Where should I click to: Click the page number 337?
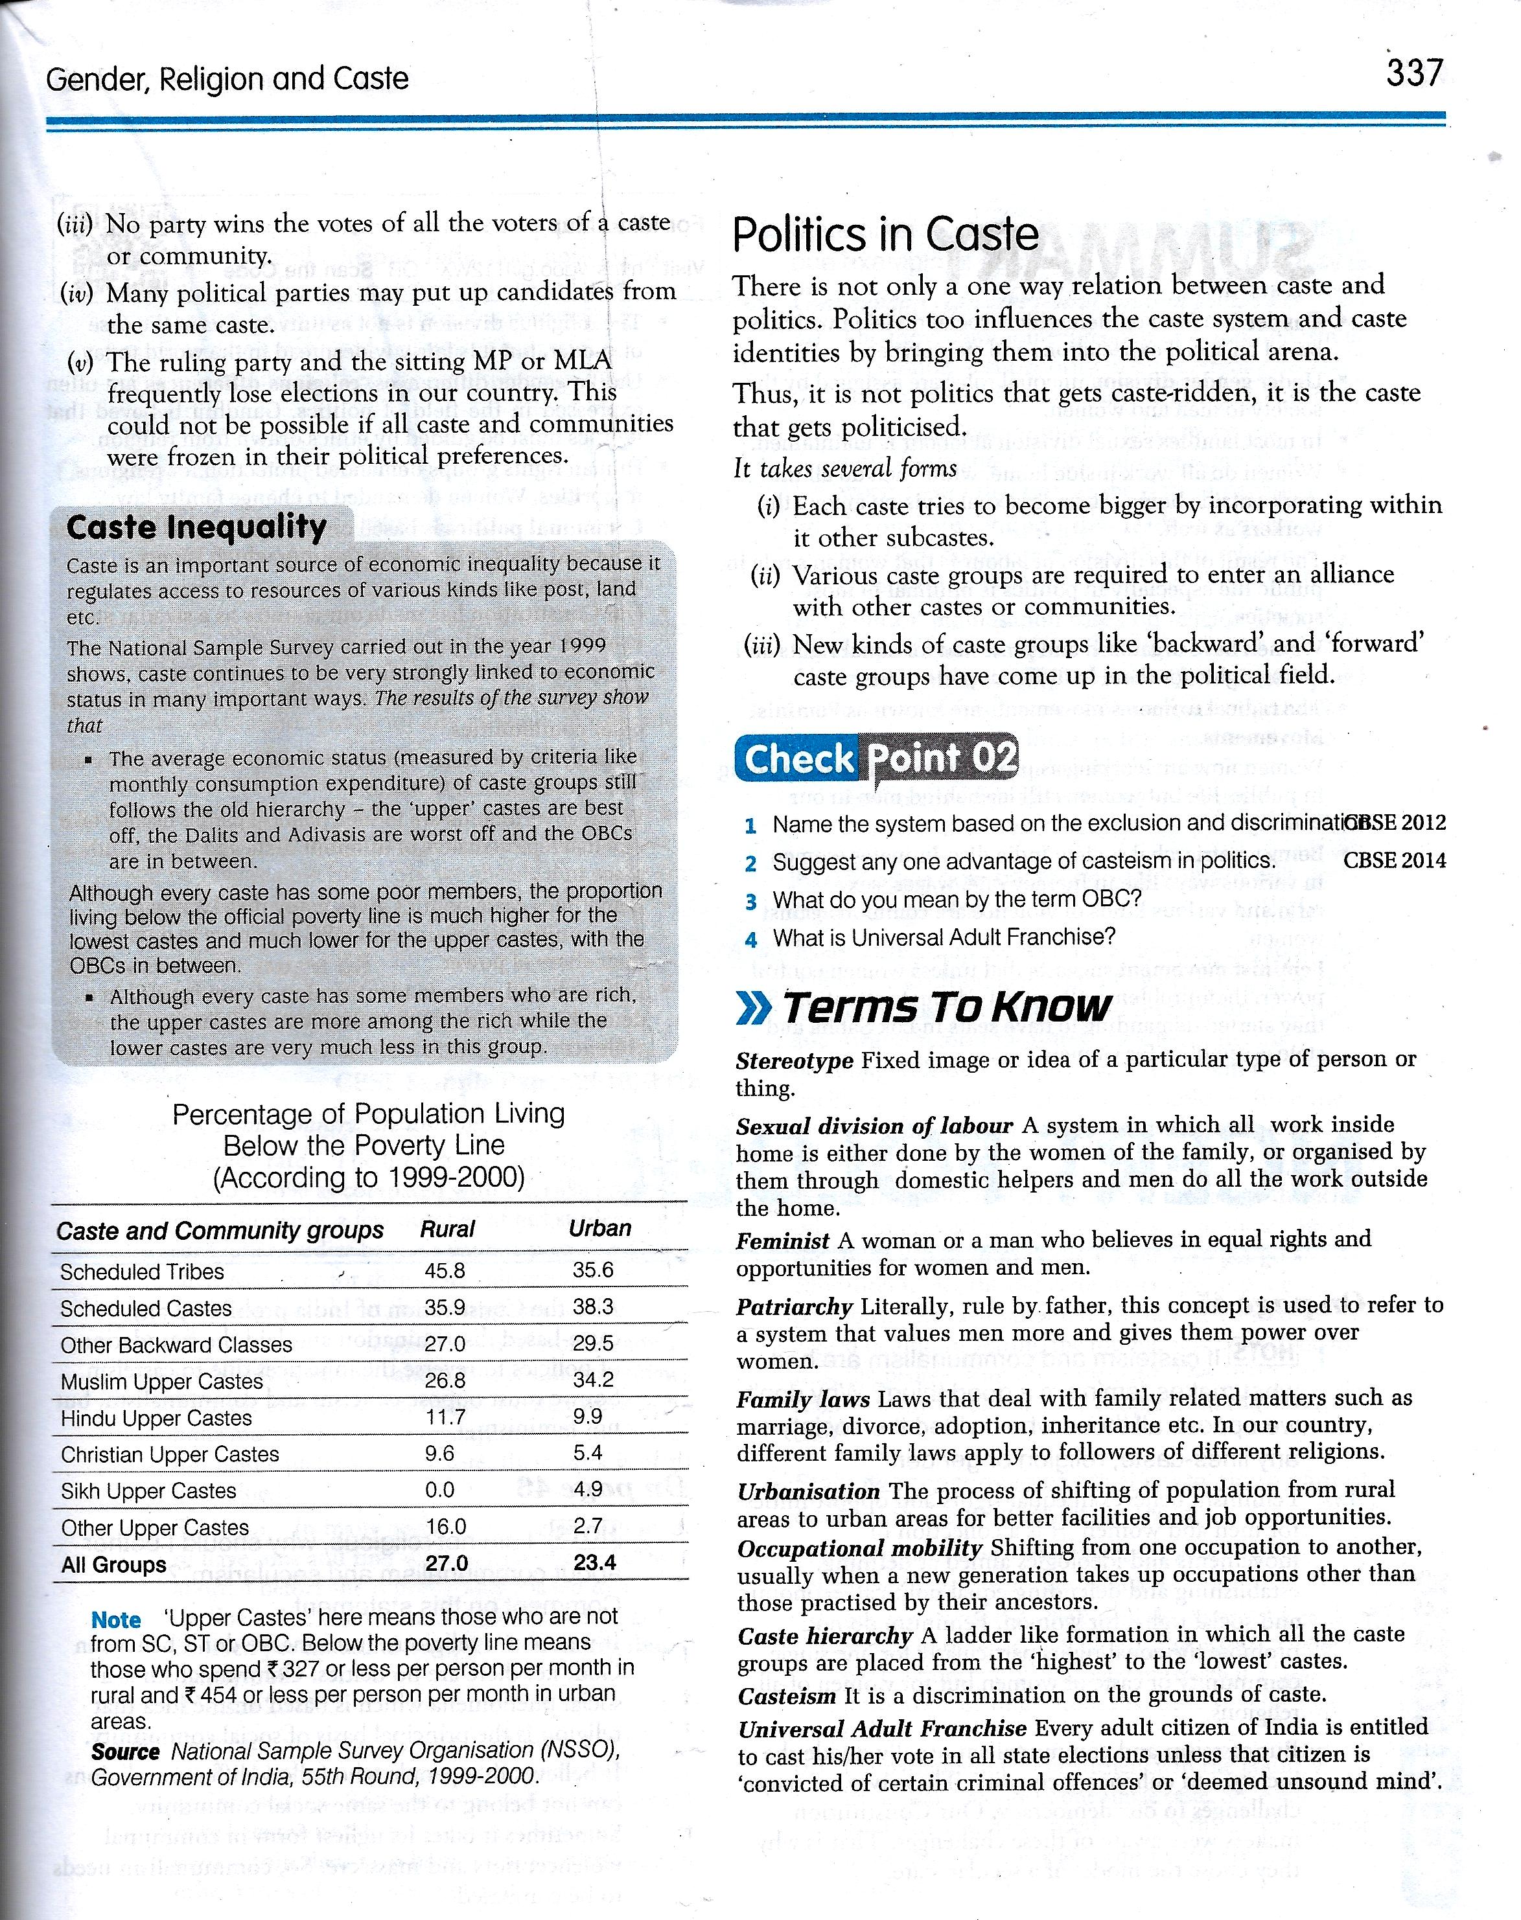[1413, 71]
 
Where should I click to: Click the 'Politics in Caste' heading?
[885, 235]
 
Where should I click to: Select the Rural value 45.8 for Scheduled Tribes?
[445, 1270]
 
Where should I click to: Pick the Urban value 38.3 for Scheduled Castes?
[593, 1307]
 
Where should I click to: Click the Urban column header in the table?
[599, 1228]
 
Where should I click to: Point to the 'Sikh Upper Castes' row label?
[148, 1490]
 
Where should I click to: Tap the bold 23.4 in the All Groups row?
[595, 1563]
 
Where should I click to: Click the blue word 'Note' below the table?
[116, 1619]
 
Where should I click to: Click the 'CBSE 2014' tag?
[1395, 860]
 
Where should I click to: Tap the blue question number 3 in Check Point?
[750, 901]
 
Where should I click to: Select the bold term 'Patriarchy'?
[795, 1307]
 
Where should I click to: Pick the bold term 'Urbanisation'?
[807, 1490]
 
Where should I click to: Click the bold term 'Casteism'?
[786, 1696]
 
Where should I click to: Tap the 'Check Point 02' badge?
[876, 759]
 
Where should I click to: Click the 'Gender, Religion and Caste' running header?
[227, 79]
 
